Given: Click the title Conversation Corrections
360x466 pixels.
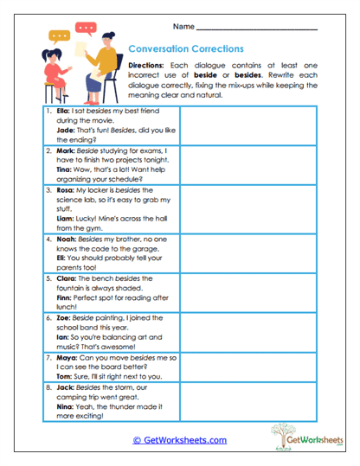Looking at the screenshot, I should tap(185, 49).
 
